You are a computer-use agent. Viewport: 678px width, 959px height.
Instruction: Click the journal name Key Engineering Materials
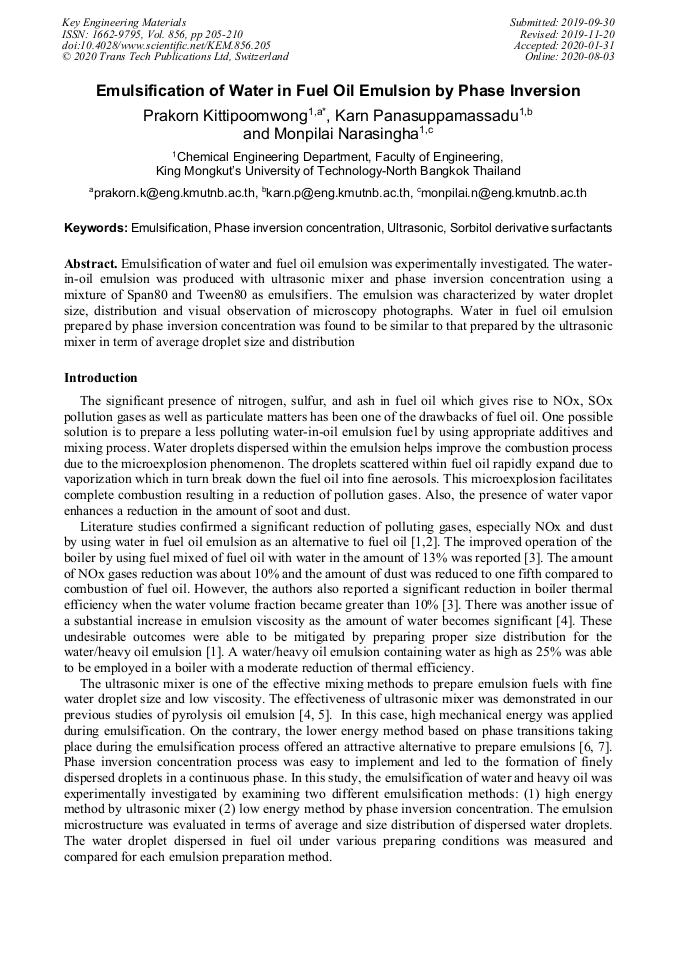pos(124,21)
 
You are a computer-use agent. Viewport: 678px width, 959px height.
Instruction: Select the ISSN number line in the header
pos(152,33)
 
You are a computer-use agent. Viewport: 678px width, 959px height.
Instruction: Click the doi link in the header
pos(166,45)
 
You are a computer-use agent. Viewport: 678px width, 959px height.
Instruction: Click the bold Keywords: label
pos(96,228)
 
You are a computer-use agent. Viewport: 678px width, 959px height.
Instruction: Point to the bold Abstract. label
pos(91,263)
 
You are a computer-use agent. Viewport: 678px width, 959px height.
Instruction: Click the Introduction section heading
pos(101,378)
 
